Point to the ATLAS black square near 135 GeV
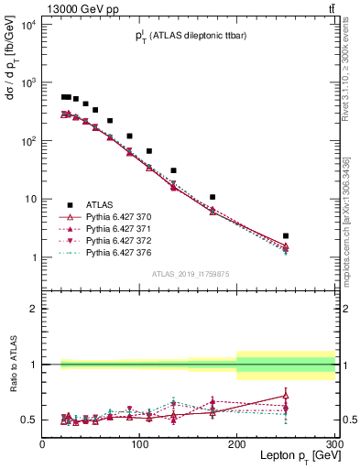coord(173,170)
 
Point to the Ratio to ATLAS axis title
coord(12,364)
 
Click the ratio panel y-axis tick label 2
coord(31,309)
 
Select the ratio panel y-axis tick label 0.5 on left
coord(27,420)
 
